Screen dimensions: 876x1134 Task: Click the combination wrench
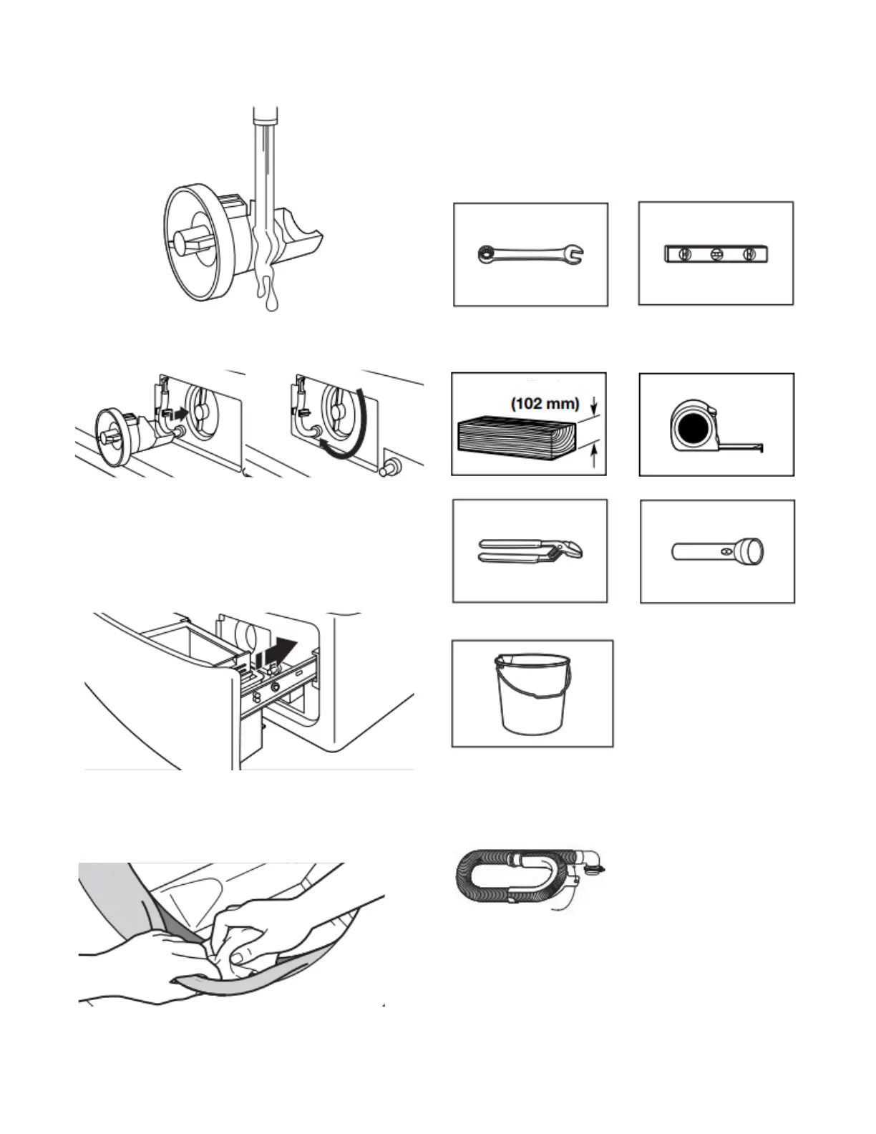coord(530,253)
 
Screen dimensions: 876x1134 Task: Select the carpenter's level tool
coord(716,253)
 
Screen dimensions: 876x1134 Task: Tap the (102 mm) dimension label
coord(545,403)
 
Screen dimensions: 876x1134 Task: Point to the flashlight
coord(718,552)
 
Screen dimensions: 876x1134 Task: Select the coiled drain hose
coord(501,878)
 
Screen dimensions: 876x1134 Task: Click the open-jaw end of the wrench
coord(576,253)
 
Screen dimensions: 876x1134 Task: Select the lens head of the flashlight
coord(753,552)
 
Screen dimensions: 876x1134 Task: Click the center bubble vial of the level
coord(716,253)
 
